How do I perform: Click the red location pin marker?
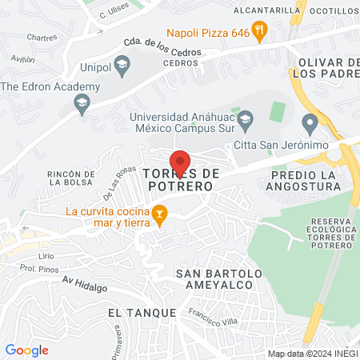point(180,162)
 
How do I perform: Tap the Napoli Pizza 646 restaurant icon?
point(258,32)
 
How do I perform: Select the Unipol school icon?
point(122,64)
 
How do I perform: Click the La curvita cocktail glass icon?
point(159,214)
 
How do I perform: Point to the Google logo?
point(26,350)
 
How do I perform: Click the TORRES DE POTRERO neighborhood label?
point(180,178)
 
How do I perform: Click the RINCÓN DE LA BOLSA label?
point(74,180)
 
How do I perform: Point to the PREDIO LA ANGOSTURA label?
point(306,180)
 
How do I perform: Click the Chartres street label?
point(42,38)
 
